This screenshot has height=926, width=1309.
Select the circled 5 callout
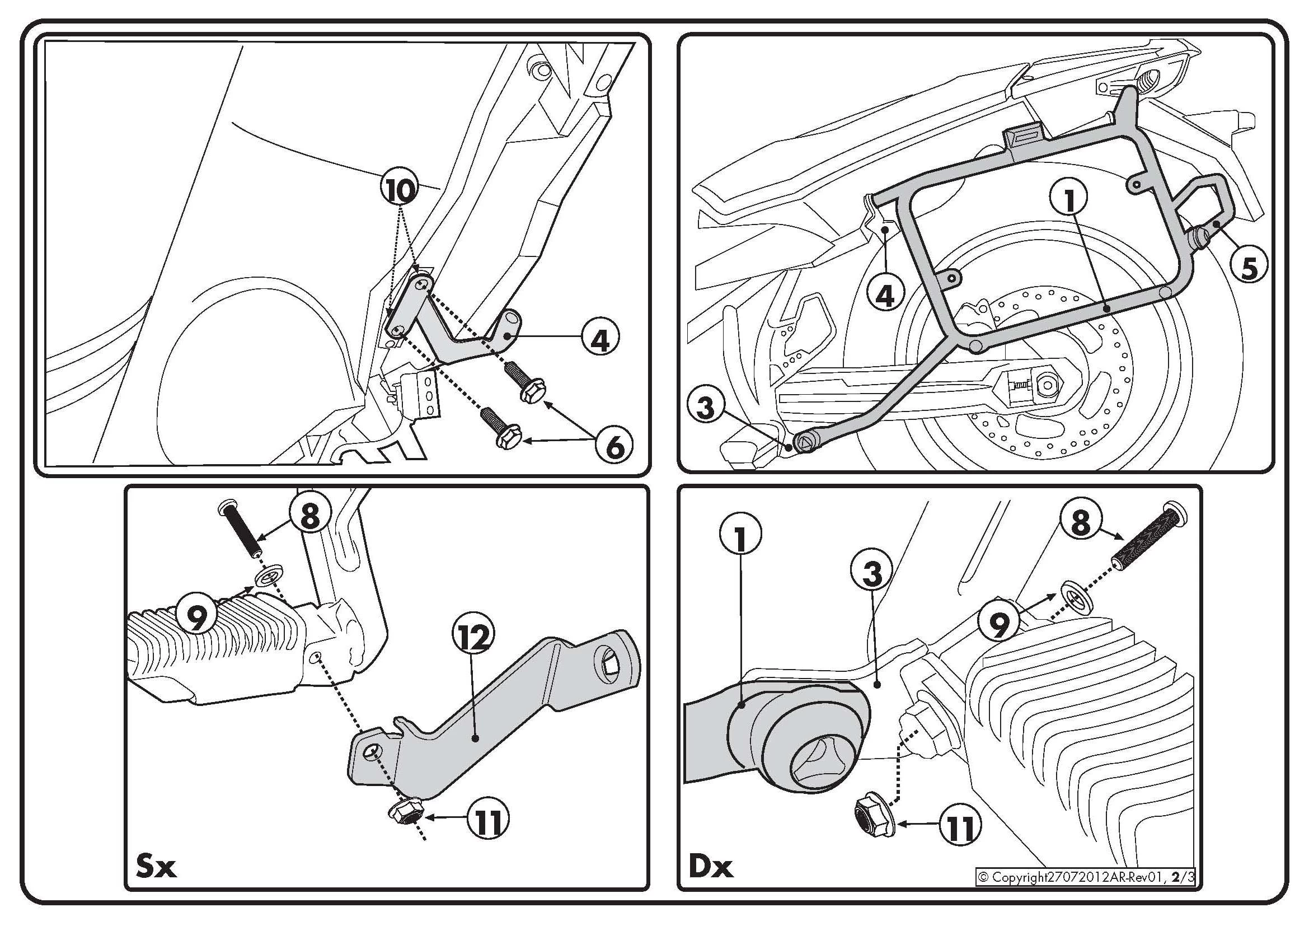(x=1249, y=268)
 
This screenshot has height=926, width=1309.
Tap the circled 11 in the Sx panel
(x=487, y=822)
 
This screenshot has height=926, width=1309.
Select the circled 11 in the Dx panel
(x=960, y=827)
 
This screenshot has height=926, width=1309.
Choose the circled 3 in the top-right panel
(x=706, y=408)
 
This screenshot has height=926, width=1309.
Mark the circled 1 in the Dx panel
(x=740, y=536)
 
